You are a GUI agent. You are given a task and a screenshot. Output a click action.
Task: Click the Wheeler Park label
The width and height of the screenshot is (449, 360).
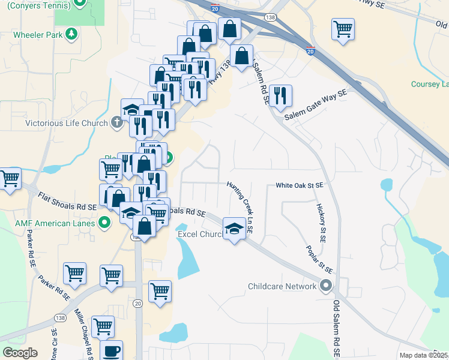(x=39, y=34)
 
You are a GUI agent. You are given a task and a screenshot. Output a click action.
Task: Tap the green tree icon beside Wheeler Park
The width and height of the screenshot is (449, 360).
(x=71, y=34)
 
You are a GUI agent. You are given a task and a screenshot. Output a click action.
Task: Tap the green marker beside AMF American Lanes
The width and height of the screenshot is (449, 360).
(x=104, y=223)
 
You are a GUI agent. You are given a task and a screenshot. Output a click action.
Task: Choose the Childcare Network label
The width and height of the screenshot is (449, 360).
(x=282, y=286)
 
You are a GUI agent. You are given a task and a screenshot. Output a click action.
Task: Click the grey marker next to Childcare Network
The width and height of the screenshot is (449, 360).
(x=326, y=286)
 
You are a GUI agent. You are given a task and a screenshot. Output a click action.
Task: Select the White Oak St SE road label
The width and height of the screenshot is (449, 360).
(x=300, y=186)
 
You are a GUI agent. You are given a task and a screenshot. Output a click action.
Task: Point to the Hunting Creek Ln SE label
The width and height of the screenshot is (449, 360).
(x=240, y=207)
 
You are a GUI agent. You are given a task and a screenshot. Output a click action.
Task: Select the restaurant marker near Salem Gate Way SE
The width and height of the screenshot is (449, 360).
(x=280, y=95)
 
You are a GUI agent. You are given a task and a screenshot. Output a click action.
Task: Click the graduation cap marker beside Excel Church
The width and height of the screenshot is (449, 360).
(x=234, y=227)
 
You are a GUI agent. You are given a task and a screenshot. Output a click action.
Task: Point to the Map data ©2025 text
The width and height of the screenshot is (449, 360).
(x=423, y=355)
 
